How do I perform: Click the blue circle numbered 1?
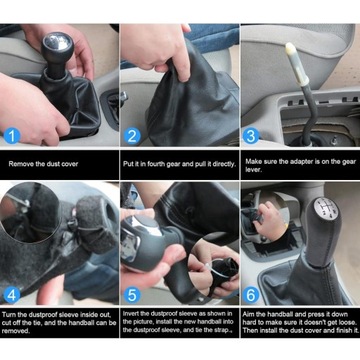(x=12, y=136)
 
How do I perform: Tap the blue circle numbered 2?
(x=132, y=136)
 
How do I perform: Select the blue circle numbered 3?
(x=251, y=136)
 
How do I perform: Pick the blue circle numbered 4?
(x=12, y=295)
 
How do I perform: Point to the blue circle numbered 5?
(x=132, y=295)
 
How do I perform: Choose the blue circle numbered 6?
(x=251, y=295)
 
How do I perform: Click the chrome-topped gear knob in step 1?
(x=57, y=52)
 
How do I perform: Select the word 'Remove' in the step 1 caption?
(x=18, y=164)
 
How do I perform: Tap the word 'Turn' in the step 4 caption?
(x=8, y=314)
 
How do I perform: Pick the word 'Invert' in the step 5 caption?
(x=130, y=314)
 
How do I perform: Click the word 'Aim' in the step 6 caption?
(x=248, y=314)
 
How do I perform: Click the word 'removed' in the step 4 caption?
(x=14, y=331)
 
